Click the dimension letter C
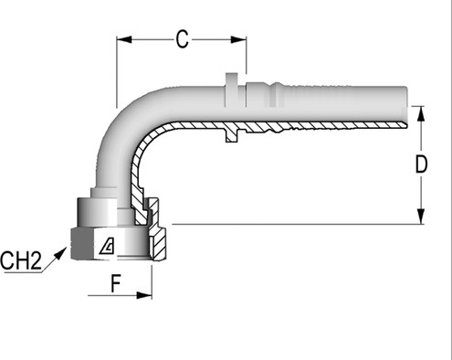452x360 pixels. click(x=182, y=38)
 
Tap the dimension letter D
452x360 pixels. click(x=421, y=164)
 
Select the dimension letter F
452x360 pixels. click(x=116, y=283)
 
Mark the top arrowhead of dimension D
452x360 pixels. click(x=421, y=111)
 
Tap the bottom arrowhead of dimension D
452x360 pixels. click(x=421, y=218)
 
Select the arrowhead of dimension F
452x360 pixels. click(x=145, y=295)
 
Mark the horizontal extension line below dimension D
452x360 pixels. click(x=292, y=224)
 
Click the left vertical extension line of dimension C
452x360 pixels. click(x=116, y=73)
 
